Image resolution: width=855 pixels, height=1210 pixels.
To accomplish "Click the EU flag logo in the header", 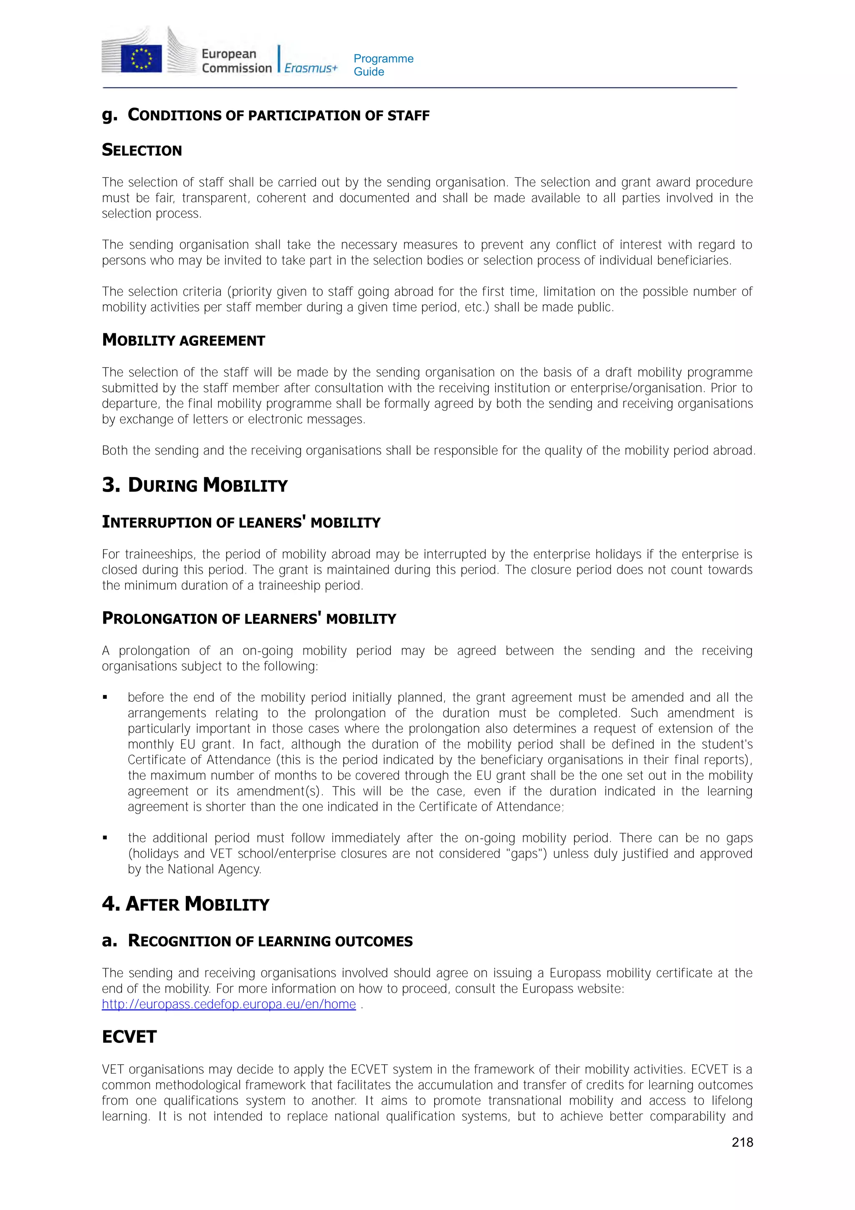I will tap(141, 58).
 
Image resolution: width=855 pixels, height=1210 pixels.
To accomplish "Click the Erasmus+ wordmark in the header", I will tap(311, 68).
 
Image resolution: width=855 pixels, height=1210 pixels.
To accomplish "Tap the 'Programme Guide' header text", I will tap(383, 65).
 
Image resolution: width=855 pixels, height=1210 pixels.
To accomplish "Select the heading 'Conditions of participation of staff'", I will tap(278, 115).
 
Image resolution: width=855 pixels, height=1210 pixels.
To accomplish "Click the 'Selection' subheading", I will tap(142, 150).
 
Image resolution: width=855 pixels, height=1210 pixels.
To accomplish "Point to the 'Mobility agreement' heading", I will tap(183, 340).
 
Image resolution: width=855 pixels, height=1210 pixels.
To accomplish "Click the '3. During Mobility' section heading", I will tap(195, 485).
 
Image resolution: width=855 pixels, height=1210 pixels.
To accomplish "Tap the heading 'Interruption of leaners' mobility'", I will tap(241, 522).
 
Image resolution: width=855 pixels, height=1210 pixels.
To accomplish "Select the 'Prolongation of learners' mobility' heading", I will tap(249, 619).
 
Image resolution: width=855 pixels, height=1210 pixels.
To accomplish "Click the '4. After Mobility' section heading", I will tap(185, 904).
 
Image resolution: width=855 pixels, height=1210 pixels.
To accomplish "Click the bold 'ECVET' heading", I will tap(129, 1037).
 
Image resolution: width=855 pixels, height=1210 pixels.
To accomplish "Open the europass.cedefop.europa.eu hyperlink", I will tap(229, 1005).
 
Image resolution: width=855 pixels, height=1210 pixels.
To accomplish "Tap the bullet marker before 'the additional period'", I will tap(105, 838).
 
